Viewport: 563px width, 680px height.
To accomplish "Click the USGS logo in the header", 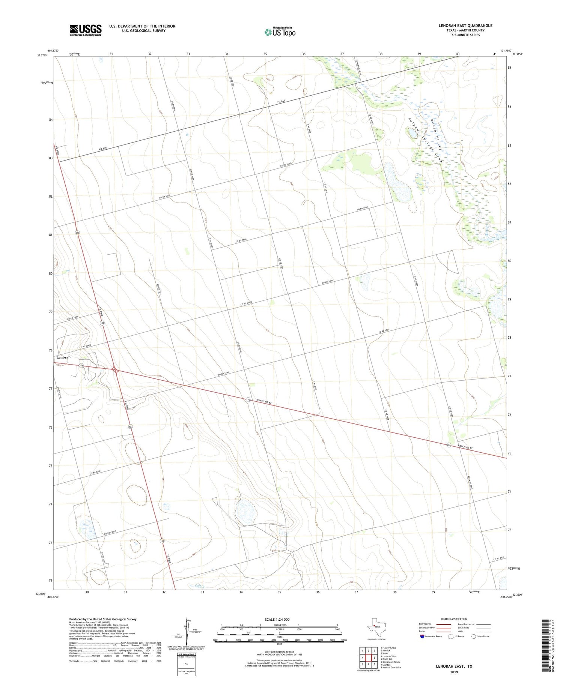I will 86,30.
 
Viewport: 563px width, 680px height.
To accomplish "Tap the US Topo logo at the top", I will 280,32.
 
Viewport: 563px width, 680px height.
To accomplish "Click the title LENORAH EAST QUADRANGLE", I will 465,26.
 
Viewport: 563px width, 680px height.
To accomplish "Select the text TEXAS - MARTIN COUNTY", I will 465,30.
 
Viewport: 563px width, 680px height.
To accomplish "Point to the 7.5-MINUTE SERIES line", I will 465,35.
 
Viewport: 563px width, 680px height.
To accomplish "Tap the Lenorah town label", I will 63,357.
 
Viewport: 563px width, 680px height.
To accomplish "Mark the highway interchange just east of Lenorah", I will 116,371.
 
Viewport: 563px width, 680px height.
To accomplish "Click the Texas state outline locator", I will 374,626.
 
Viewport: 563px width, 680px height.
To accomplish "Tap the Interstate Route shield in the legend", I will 422,636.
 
